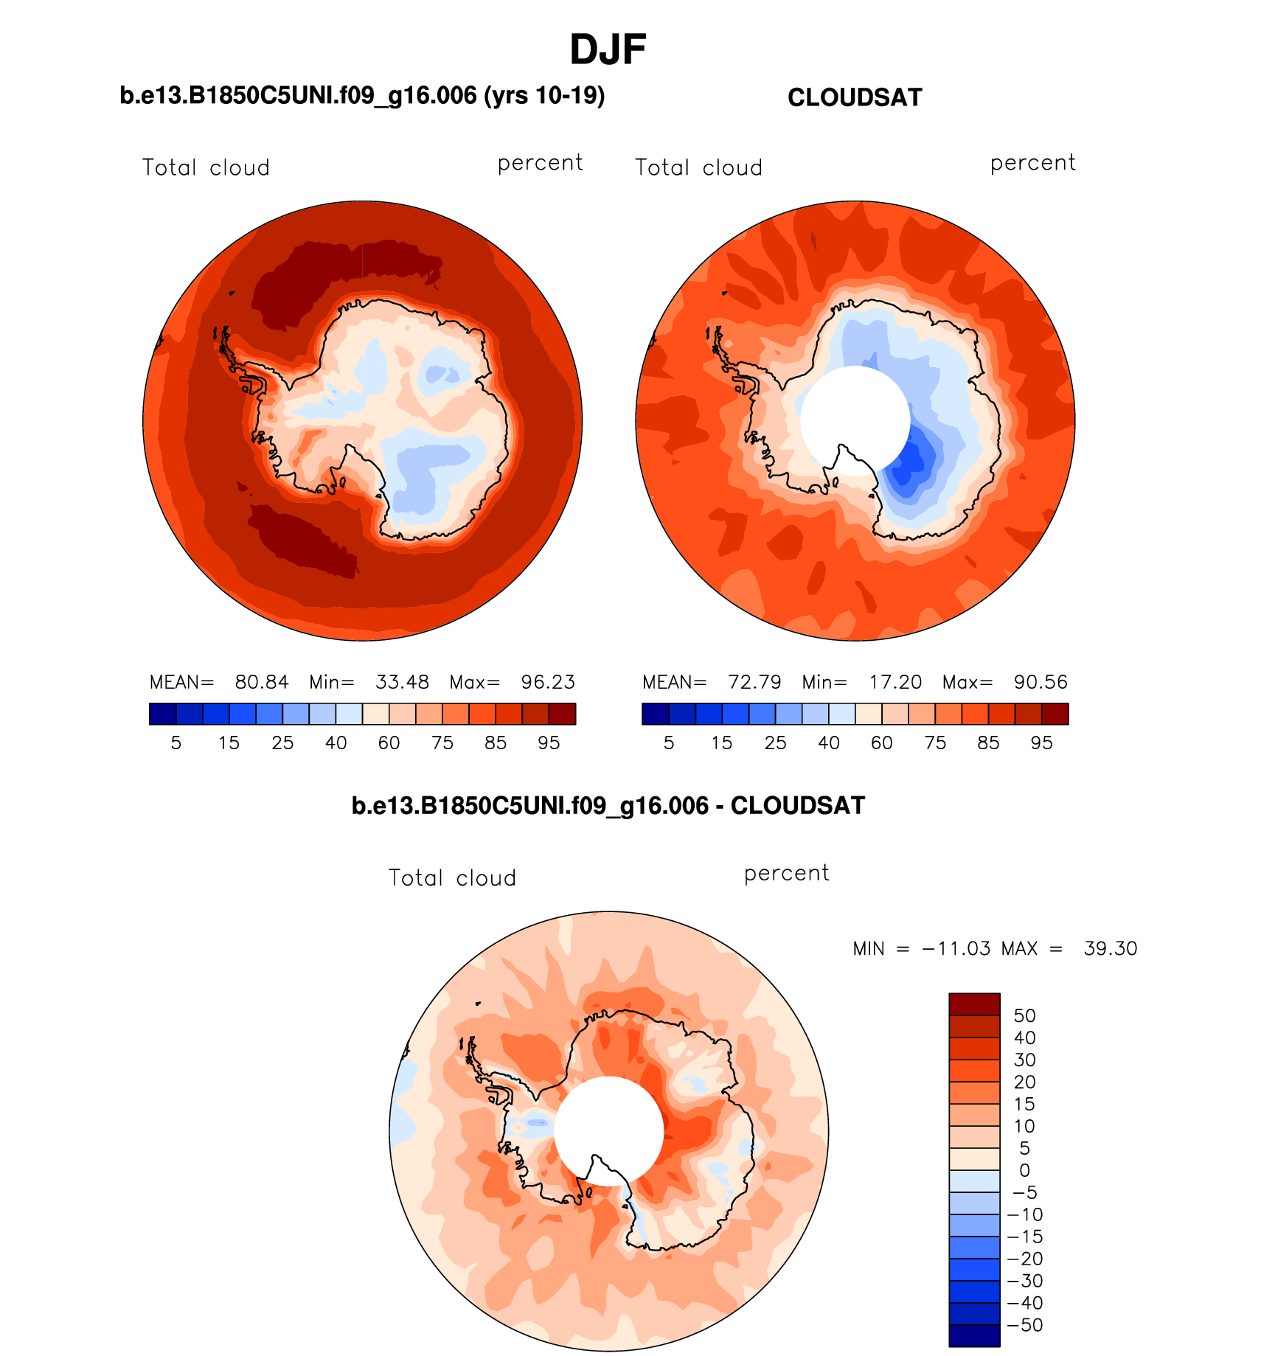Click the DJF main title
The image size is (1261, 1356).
tap(608, 49)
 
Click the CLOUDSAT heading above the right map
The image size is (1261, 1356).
tap(855, 97)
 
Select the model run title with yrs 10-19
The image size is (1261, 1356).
tap(362, 96)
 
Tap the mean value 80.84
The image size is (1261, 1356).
tap(262, 682)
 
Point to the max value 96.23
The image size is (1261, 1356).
tap(548, 682)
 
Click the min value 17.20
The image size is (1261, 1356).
tap(895, 682)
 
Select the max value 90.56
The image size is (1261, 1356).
tap(1041, 682)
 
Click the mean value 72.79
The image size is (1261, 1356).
tap(754, 682)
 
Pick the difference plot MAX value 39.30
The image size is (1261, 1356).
tap(1111, 948)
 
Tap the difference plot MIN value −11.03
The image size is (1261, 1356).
tap(956, 948)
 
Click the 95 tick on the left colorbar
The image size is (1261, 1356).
tap(549, 743)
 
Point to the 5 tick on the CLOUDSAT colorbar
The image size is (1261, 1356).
tap(669, 743)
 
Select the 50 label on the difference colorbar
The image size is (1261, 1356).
tap(1024, 1015)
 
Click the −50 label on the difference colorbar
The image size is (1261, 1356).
tap(1025, 1325)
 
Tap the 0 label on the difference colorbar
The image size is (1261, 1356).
tap(1024, 1170)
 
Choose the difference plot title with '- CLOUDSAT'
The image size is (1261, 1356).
tap(608, 806)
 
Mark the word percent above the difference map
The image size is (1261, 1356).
tap(786, 873)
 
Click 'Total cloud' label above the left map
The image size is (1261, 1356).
tap(206, 168)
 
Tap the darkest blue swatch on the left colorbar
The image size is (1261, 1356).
tap(162, 714)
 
